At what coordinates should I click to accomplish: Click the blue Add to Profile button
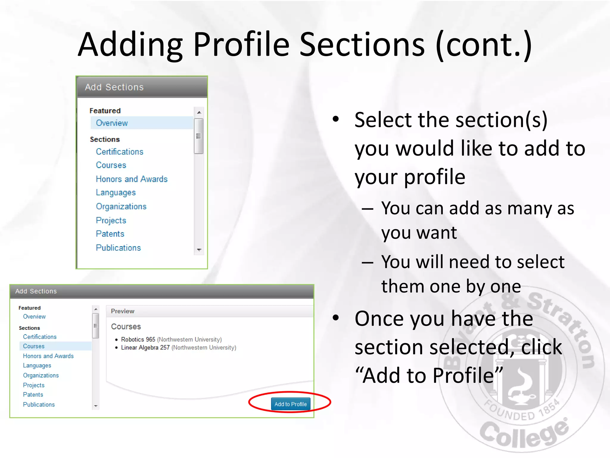(290, 404)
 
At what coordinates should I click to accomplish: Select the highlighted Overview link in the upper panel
(112, 123)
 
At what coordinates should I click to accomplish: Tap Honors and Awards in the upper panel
(132, 179)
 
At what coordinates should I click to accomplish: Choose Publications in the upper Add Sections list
(118, 248)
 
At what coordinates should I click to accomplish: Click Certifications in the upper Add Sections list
(119, 152)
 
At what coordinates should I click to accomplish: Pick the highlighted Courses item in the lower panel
(34, 346)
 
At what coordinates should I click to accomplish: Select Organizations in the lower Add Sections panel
(41, 375)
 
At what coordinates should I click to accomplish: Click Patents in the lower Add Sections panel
(33, 394)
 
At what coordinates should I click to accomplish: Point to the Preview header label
(122, 311)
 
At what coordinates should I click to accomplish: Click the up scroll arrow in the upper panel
(199, 112)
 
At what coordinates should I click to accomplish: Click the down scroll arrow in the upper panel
(199, 250)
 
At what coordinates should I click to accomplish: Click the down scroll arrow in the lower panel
(96, 406)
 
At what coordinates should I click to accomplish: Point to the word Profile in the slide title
(241, 45)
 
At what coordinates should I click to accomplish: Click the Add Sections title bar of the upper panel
(142, 87)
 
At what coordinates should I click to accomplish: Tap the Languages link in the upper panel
(116, 193)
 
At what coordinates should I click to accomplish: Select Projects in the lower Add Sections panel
(34, 385)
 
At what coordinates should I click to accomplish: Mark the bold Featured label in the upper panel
(105, 111)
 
